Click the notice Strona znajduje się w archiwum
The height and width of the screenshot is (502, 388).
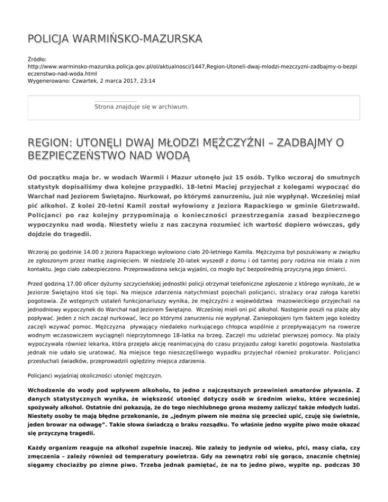141,107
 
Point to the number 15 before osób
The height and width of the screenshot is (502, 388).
219,178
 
